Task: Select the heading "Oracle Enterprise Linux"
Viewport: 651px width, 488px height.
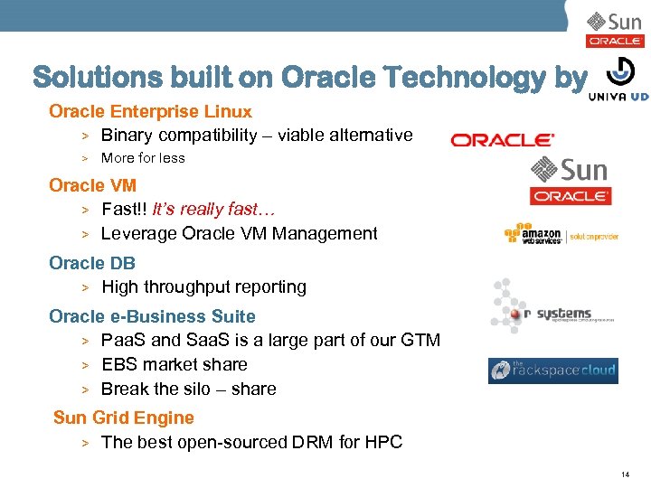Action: coord(150,112)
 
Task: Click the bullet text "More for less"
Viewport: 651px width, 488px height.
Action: coord(143,158)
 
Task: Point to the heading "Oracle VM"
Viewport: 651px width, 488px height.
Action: coord(92,185)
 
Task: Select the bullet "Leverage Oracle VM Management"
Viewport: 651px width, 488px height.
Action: coord(239,233)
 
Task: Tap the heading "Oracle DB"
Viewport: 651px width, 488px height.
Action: coord(92,263)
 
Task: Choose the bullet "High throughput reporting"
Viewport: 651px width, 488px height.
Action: coord(203,287)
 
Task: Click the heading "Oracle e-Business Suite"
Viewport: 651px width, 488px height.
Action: coord(152,316)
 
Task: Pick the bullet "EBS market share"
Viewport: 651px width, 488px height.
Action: coord(174,364)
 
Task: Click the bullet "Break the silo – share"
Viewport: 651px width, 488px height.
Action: coord(188,389)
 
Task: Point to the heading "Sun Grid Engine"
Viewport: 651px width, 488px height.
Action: coord(124,418)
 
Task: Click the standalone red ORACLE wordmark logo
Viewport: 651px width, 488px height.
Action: coord(502,140)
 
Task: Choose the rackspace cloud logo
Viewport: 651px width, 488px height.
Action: coord(552,371)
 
